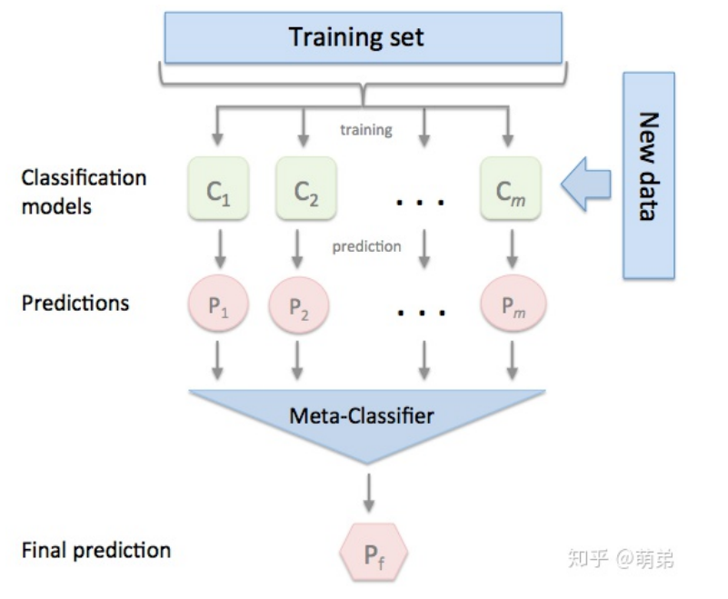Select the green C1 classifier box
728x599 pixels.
pyautogui.click(x=215, y=191)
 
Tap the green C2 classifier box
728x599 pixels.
pyautogui.click(x=305, y=191)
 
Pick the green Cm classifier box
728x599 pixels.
pyautogui.click(x=511, y=191)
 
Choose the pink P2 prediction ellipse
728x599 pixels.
pyautogui.click(x=298, y=306)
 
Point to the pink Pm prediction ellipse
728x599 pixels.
pyautogui.click(x=513, y=306)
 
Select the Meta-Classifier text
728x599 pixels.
pyautogui.click(x=362, y=416)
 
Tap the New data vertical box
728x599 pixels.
pyautogui.click(x=648, y=175)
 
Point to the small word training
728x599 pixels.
pyautogui.click(x=366, y=130)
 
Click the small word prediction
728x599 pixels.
pyautogui.click(x=366, y=246)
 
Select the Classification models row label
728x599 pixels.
pyautogui.click(x=84, y=192)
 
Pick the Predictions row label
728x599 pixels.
pyautogui.click(x=75, y=303)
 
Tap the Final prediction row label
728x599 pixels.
pyautogui.click(x=95, y=550)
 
